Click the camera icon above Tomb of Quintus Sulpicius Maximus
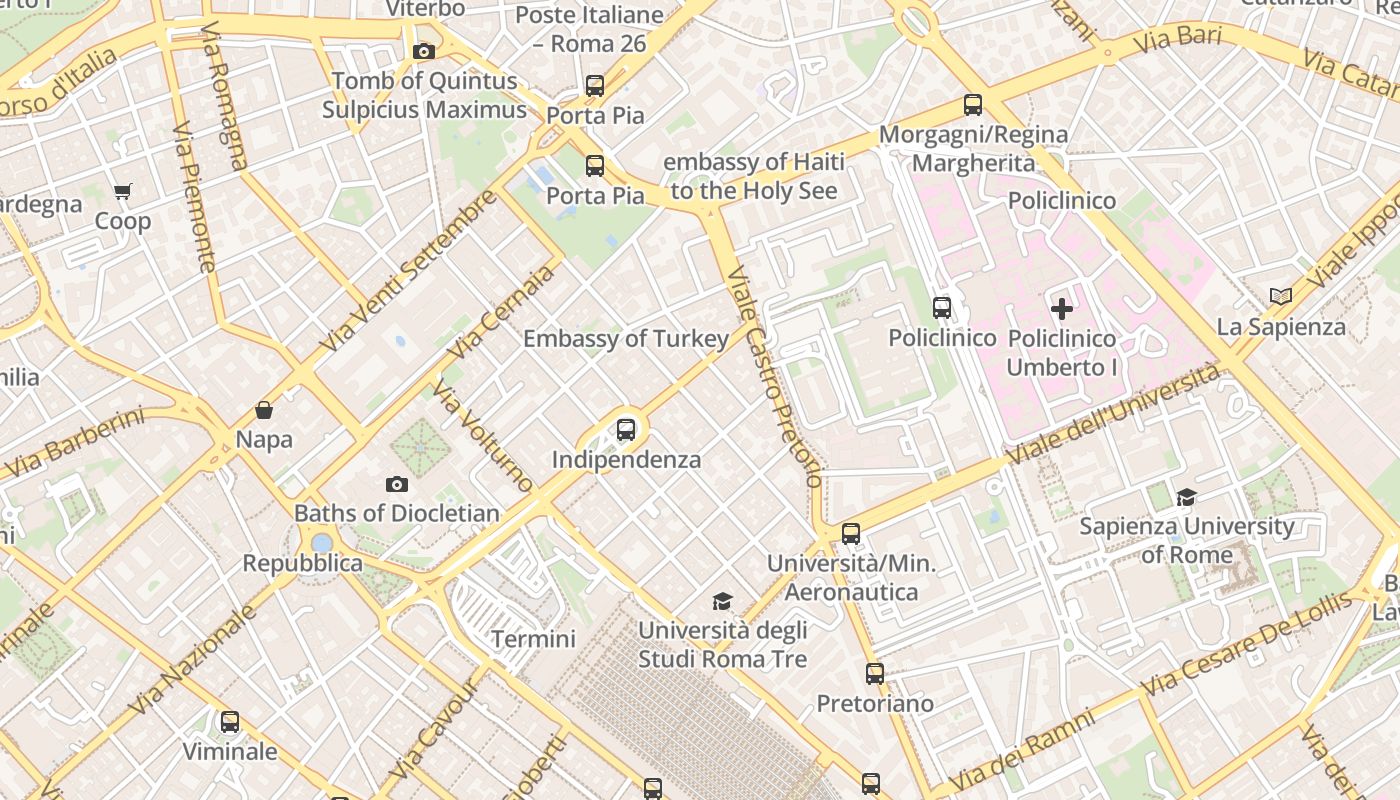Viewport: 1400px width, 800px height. pyautogui.click(x=423, y=51)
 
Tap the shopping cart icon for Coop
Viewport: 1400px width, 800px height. pyautogui.click(x=123, y=191)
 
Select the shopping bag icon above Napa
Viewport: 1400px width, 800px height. pyautogui.click(x=264, y=410)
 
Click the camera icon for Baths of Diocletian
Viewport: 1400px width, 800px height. pyautogui.click(x=397, y=484)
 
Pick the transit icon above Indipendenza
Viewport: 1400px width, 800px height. pyautogui.click(x=626, y=430)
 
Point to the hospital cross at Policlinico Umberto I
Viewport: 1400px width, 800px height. pyautogui.click(x=1061, y=309)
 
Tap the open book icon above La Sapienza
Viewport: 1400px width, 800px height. pyautogui.click(x=1280, y=296)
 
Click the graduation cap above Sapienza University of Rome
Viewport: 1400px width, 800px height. pyautogui.click(x=1186, y=497)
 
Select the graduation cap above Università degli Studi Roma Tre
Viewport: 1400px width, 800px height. pyautogui.click(x=722, y=601)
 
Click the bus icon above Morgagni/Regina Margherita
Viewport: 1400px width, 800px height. pyautogui.click(x=973, y=104)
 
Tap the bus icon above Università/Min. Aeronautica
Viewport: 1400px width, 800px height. pyautogui.click(x=851, y=533)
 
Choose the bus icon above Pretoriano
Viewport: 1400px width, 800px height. pyautogui.click(x=875, y=674)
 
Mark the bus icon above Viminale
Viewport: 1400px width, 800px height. pyautogui.click(x=230, y=721)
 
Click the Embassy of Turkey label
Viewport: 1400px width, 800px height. pyautogui.click(x=626, y=339)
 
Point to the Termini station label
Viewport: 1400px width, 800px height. pyautogui.click(x=533, y=639)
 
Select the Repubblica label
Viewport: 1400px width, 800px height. pyautogui.click(x=303, y=563)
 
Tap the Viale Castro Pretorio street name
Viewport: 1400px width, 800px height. pyautogui.click(x=774, y=376)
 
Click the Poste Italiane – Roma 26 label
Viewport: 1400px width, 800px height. pyautogui.click(x=589, y=29)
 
